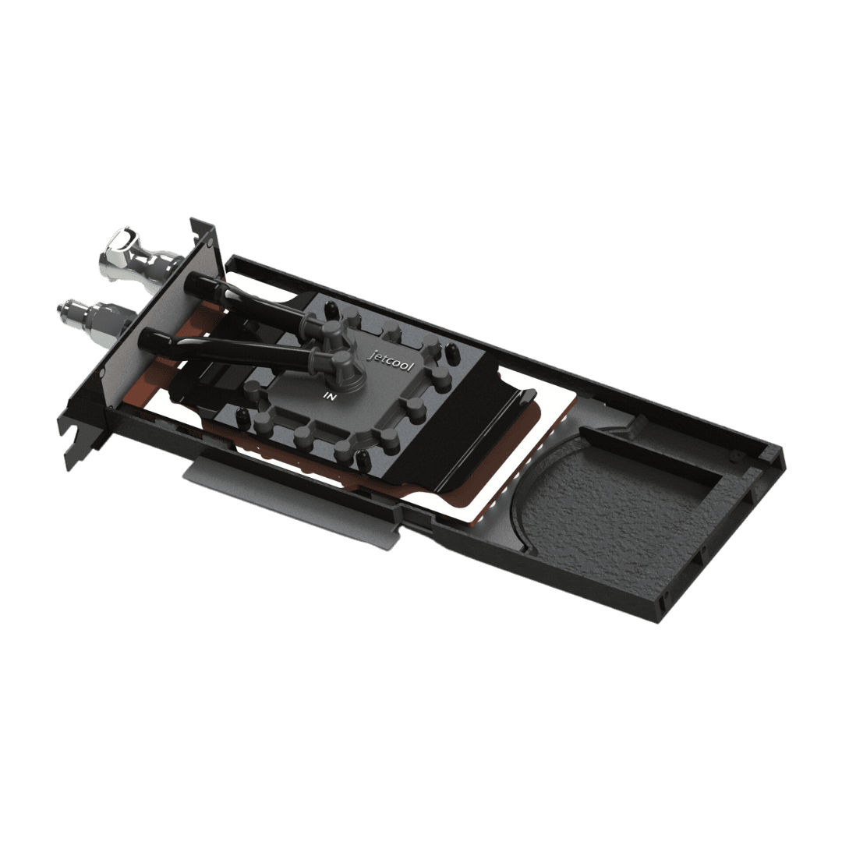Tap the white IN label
pos(329,397)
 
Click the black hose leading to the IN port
pos(234,350)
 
